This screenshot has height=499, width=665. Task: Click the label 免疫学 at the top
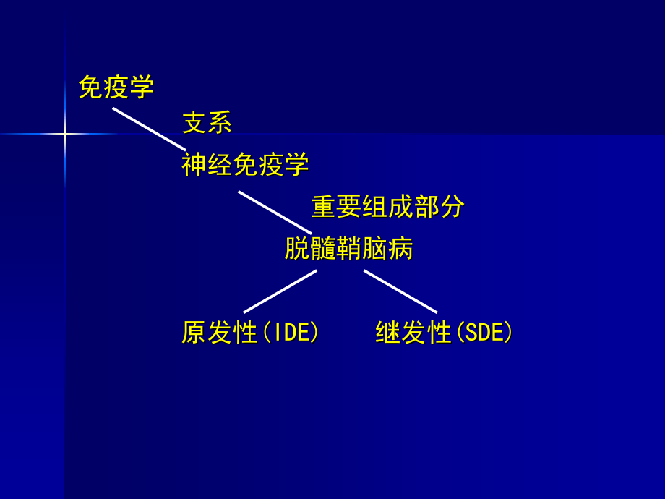click(116, 88)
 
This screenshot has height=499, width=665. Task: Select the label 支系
click(207, 122)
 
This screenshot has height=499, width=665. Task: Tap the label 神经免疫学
click(245, 165)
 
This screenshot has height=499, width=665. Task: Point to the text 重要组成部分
click(387, 207)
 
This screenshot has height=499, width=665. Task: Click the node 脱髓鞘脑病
click(348, 249)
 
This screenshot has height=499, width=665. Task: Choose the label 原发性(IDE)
click(250, 333)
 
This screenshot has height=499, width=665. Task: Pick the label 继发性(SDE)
click(444, 333)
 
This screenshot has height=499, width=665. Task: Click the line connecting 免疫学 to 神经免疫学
click(149, 129)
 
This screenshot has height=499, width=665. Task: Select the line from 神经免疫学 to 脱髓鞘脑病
click(275, 213)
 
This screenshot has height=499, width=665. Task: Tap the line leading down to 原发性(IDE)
click(280, 291)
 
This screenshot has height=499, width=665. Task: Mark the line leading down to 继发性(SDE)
click(400, 291)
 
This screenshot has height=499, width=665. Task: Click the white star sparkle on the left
click(64, 134)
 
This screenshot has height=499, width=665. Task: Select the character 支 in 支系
click(194, 122)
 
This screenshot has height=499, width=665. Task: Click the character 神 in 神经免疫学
click(194, 165)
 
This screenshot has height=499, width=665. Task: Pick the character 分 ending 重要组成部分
click(452, 207)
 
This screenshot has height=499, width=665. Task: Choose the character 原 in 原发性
click(194, 333)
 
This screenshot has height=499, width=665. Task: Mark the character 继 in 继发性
click(388, 333)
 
